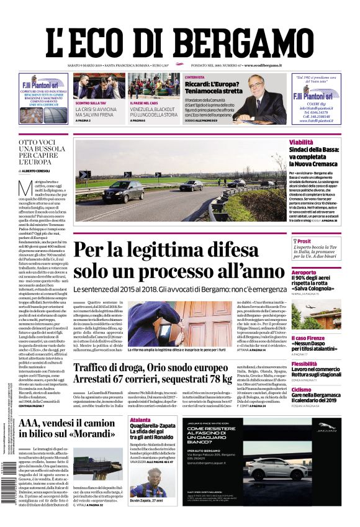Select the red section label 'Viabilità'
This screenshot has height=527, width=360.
click(301, 142)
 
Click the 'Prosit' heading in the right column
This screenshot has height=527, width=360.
click(304, 241)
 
